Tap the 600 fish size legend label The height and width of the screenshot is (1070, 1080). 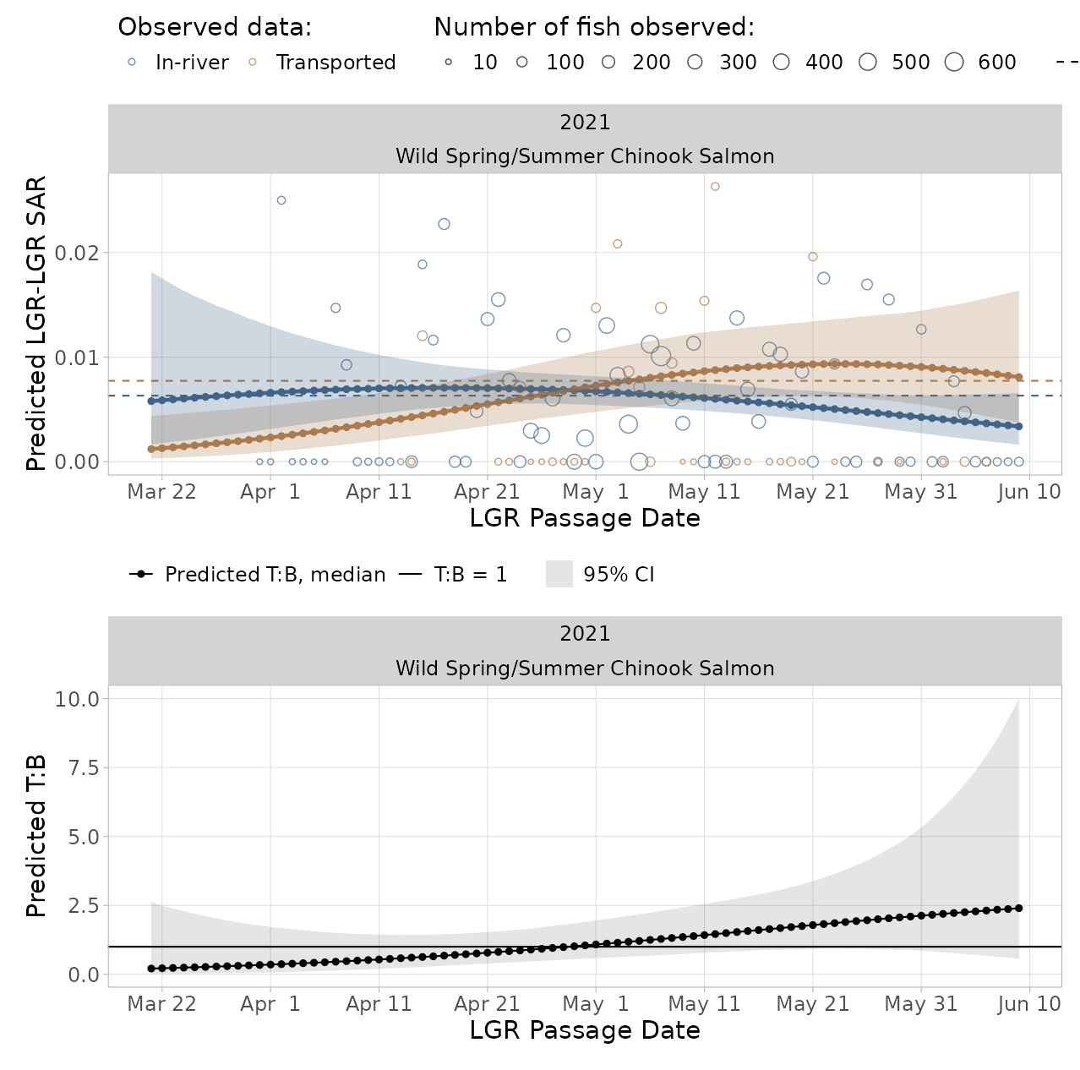tap(996, 63)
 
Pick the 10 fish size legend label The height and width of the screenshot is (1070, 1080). tap(484, 63)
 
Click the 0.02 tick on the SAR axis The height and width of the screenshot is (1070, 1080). tap(77, 253)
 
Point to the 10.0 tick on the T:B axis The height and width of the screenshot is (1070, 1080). tap(77, 699)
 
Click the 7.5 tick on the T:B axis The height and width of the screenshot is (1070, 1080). tap(83, 767)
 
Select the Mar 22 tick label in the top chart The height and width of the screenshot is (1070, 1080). tap(161, 492)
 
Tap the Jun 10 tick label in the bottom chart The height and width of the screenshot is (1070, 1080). tap(1028, 1004)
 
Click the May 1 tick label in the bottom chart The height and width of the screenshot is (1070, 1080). tap(596, 1004)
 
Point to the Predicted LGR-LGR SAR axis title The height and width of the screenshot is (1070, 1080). tap(35, 324)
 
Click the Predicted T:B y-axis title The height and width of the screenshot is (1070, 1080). tap(35, 836)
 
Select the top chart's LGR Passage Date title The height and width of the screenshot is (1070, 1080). tap(585, 518)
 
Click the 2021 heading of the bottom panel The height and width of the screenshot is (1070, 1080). tap(585, 634)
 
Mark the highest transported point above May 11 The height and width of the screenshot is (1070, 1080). tap(715, 187)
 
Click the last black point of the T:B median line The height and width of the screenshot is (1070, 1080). tap(1018, 908)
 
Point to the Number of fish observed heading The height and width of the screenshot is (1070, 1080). tap(594, 27)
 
